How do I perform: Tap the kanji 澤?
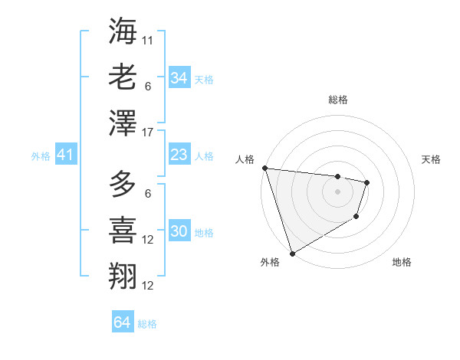pyautogui.click(x=123, y=123)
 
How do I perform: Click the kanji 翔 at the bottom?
pyautogui.click(x=123, y=276)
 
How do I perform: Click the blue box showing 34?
pyautogui.click(x=179, y=78)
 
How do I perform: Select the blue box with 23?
pyautogui.click(x=179, y=155)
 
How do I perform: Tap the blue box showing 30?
pyautogui.click(x=179, y=232)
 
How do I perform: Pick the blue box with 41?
pyautogui.click(x=65, y=155)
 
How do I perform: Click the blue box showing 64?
pyautogui.click(x=123, y=322)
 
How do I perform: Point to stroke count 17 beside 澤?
pyautogui.click(x=148, y=133)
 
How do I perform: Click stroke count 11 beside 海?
pyautogui.click(x=148, y=39)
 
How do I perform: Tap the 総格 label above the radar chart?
pyautogui.click(x=337, y=100)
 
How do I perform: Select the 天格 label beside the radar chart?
pyautogui.click(x=432, y=159)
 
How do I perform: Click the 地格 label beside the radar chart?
pyautogui.click(x=402, y=262)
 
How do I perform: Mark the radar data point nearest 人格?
pyautogui.click(x=264, y=168)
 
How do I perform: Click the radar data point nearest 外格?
pyautogui.click(x=292, y=253)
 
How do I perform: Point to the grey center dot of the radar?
pyautogui.click(x=337, y=191)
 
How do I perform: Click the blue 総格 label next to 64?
pyautogui.click(x=147, y=324)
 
